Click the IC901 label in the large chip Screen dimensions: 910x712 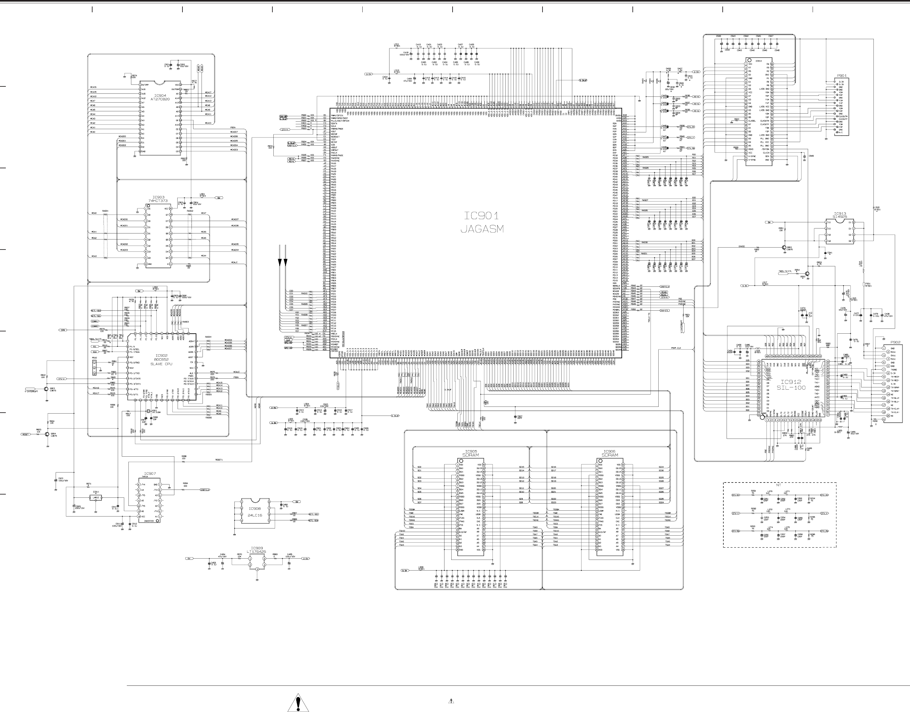coord(482,216)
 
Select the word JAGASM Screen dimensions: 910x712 coord(482,229)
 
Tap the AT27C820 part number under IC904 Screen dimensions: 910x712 coord(160,100)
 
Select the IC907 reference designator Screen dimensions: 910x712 coord(150,473)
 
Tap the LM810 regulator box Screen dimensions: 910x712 coord(96,498)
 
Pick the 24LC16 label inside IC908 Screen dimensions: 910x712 coord(255,515)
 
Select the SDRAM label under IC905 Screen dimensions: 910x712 coord(470,455)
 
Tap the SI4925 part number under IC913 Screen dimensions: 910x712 coord(839,217)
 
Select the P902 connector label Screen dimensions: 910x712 coord(895,342)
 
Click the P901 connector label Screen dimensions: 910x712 coord(842,76)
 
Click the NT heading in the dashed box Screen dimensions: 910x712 coord(778,485)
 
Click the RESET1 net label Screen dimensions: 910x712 coord(219,460)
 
